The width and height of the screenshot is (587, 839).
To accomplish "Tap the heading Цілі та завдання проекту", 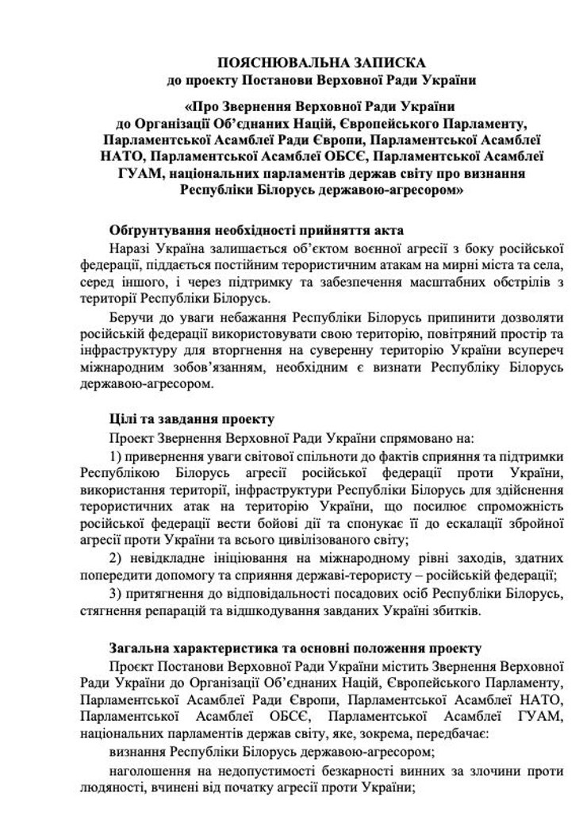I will (x=186, y=418).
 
